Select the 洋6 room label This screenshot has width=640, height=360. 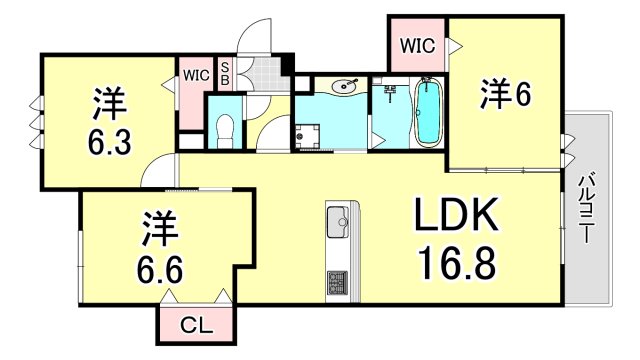(504, 95)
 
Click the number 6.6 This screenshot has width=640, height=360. (160, 267)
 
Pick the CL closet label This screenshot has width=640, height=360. (194, 324)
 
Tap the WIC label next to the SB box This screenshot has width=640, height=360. (193, 73)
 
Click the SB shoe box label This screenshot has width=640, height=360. (225, 73)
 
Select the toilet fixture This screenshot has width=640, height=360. (225, 128)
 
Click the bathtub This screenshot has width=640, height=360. (428, 113)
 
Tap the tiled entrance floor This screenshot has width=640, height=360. (265, 73)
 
